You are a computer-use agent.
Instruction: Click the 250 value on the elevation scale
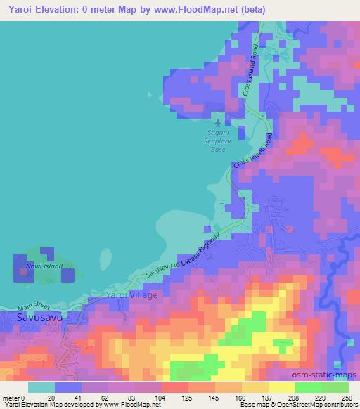[346, 398]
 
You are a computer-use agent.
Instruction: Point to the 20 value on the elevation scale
[52, 398]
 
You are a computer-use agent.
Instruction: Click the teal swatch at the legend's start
[41, 387]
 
